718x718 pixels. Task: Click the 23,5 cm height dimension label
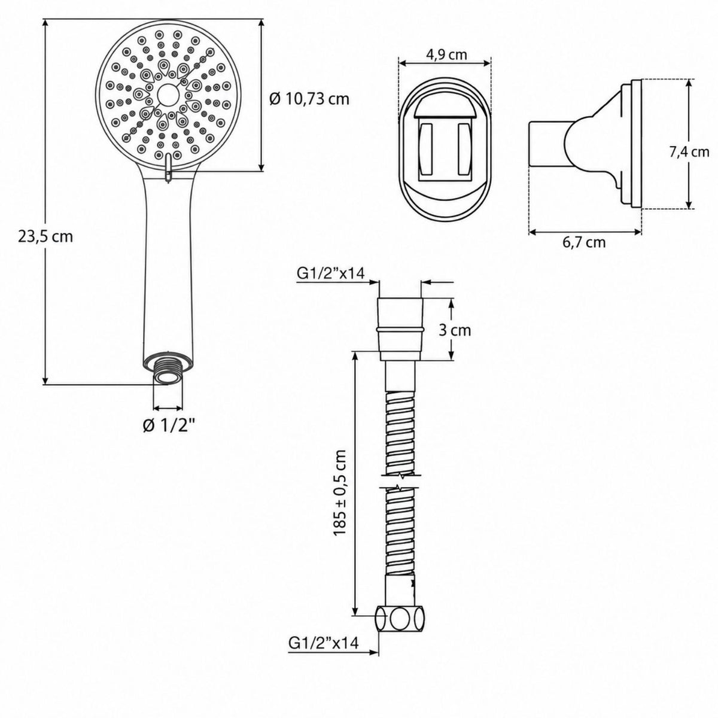[45, 237]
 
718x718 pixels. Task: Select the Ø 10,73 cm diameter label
[309, 99]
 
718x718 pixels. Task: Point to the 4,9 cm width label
[446, 55]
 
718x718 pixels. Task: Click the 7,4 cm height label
[689, 152]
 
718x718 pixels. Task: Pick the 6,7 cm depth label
[584, 242]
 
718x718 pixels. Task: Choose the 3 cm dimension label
[455, 330]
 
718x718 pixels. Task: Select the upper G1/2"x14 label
[330, 274]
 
